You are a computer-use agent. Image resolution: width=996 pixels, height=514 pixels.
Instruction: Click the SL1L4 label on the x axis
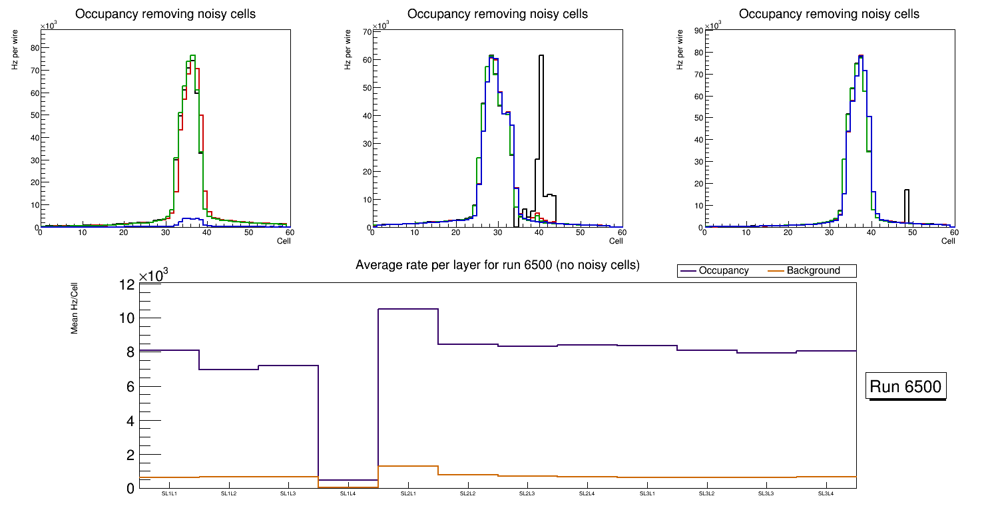point(348,494)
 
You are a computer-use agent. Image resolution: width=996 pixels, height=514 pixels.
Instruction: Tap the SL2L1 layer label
point(407,494)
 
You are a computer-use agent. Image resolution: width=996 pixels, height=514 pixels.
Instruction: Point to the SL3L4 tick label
point(826,494)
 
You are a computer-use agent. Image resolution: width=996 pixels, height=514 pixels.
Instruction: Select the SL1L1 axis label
point(169,494)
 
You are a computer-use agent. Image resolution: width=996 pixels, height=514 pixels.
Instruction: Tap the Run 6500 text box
point(906,387)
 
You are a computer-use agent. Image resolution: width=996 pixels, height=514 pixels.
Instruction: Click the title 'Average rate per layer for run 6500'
point(497,265)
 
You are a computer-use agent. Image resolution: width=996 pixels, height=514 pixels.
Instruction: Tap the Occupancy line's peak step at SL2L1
point(407,309)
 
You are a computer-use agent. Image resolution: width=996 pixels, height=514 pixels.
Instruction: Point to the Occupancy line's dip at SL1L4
point(348,480)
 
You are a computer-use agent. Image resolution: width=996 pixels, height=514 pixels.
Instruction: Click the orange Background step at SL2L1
point(407,466)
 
